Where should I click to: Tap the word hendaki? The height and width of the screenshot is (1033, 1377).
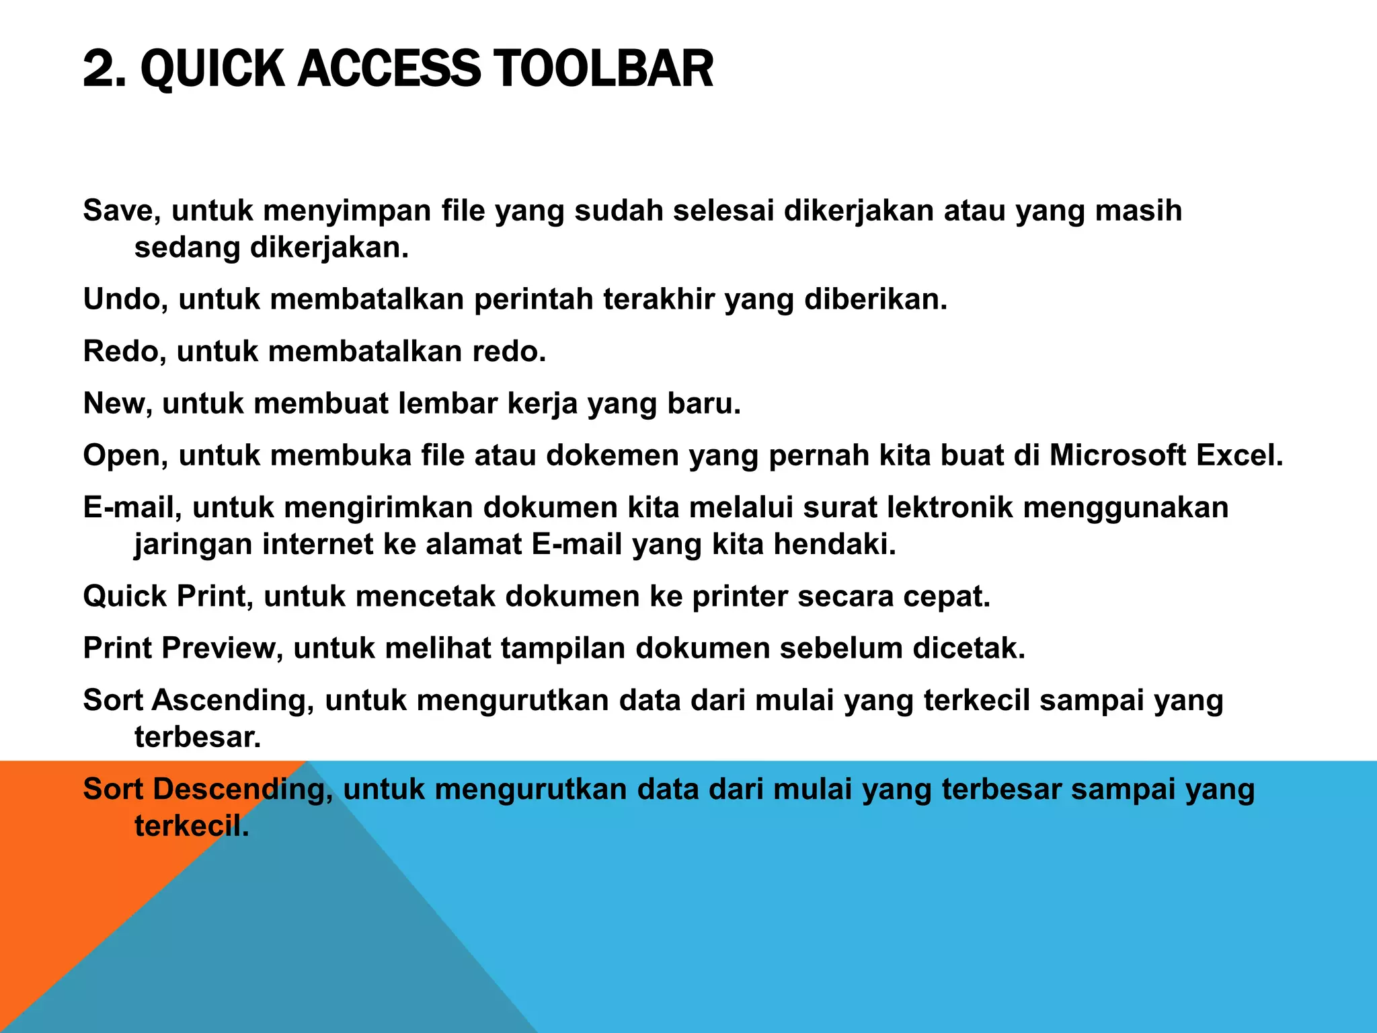point(835,544)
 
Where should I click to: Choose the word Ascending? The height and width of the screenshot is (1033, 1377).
point(233,700)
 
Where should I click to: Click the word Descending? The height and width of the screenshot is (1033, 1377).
point(242,789)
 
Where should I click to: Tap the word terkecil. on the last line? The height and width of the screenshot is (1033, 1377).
point(192,826)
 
